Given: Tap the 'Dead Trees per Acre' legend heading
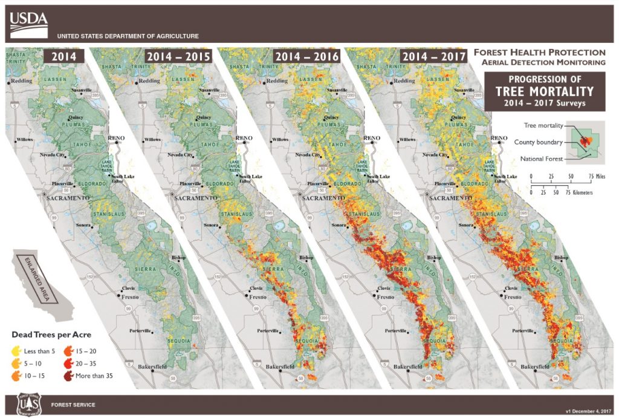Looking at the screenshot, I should pyautogui.click(x=51, y=334).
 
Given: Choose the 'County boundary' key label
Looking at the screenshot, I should pyautogui.click(x=539, y=142).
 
